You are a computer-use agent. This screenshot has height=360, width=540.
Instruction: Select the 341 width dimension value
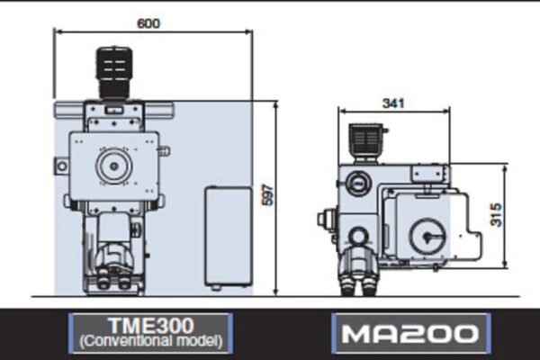pyautogui.click(x=392, y=103)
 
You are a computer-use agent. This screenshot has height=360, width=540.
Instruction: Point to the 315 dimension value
pyautogui.click(x=496, y=214)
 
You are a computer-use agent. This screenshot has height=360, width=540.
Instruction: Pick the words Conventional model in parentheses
pyautogui.click(x=150, y=343)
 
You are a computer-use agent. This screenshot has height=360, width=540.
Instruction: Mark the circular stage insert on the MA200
pyautogui.click(x=427, y=238)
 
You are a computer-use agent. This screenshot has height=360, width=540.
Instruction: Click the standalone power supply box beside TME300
pyautogui.click(x=227, y=236)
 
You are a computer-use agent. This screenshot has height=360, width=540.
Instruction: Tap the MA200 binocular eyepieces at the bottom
pyautogui.click(x=357, y=281)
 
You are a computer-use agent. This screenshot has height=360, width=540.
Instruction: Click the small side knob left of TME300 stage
pyautogui.click(x=59, y=166)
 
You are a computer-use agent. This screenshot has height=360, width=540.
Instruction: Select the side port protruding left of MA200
pyautogui.click(x=326, y=219)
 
